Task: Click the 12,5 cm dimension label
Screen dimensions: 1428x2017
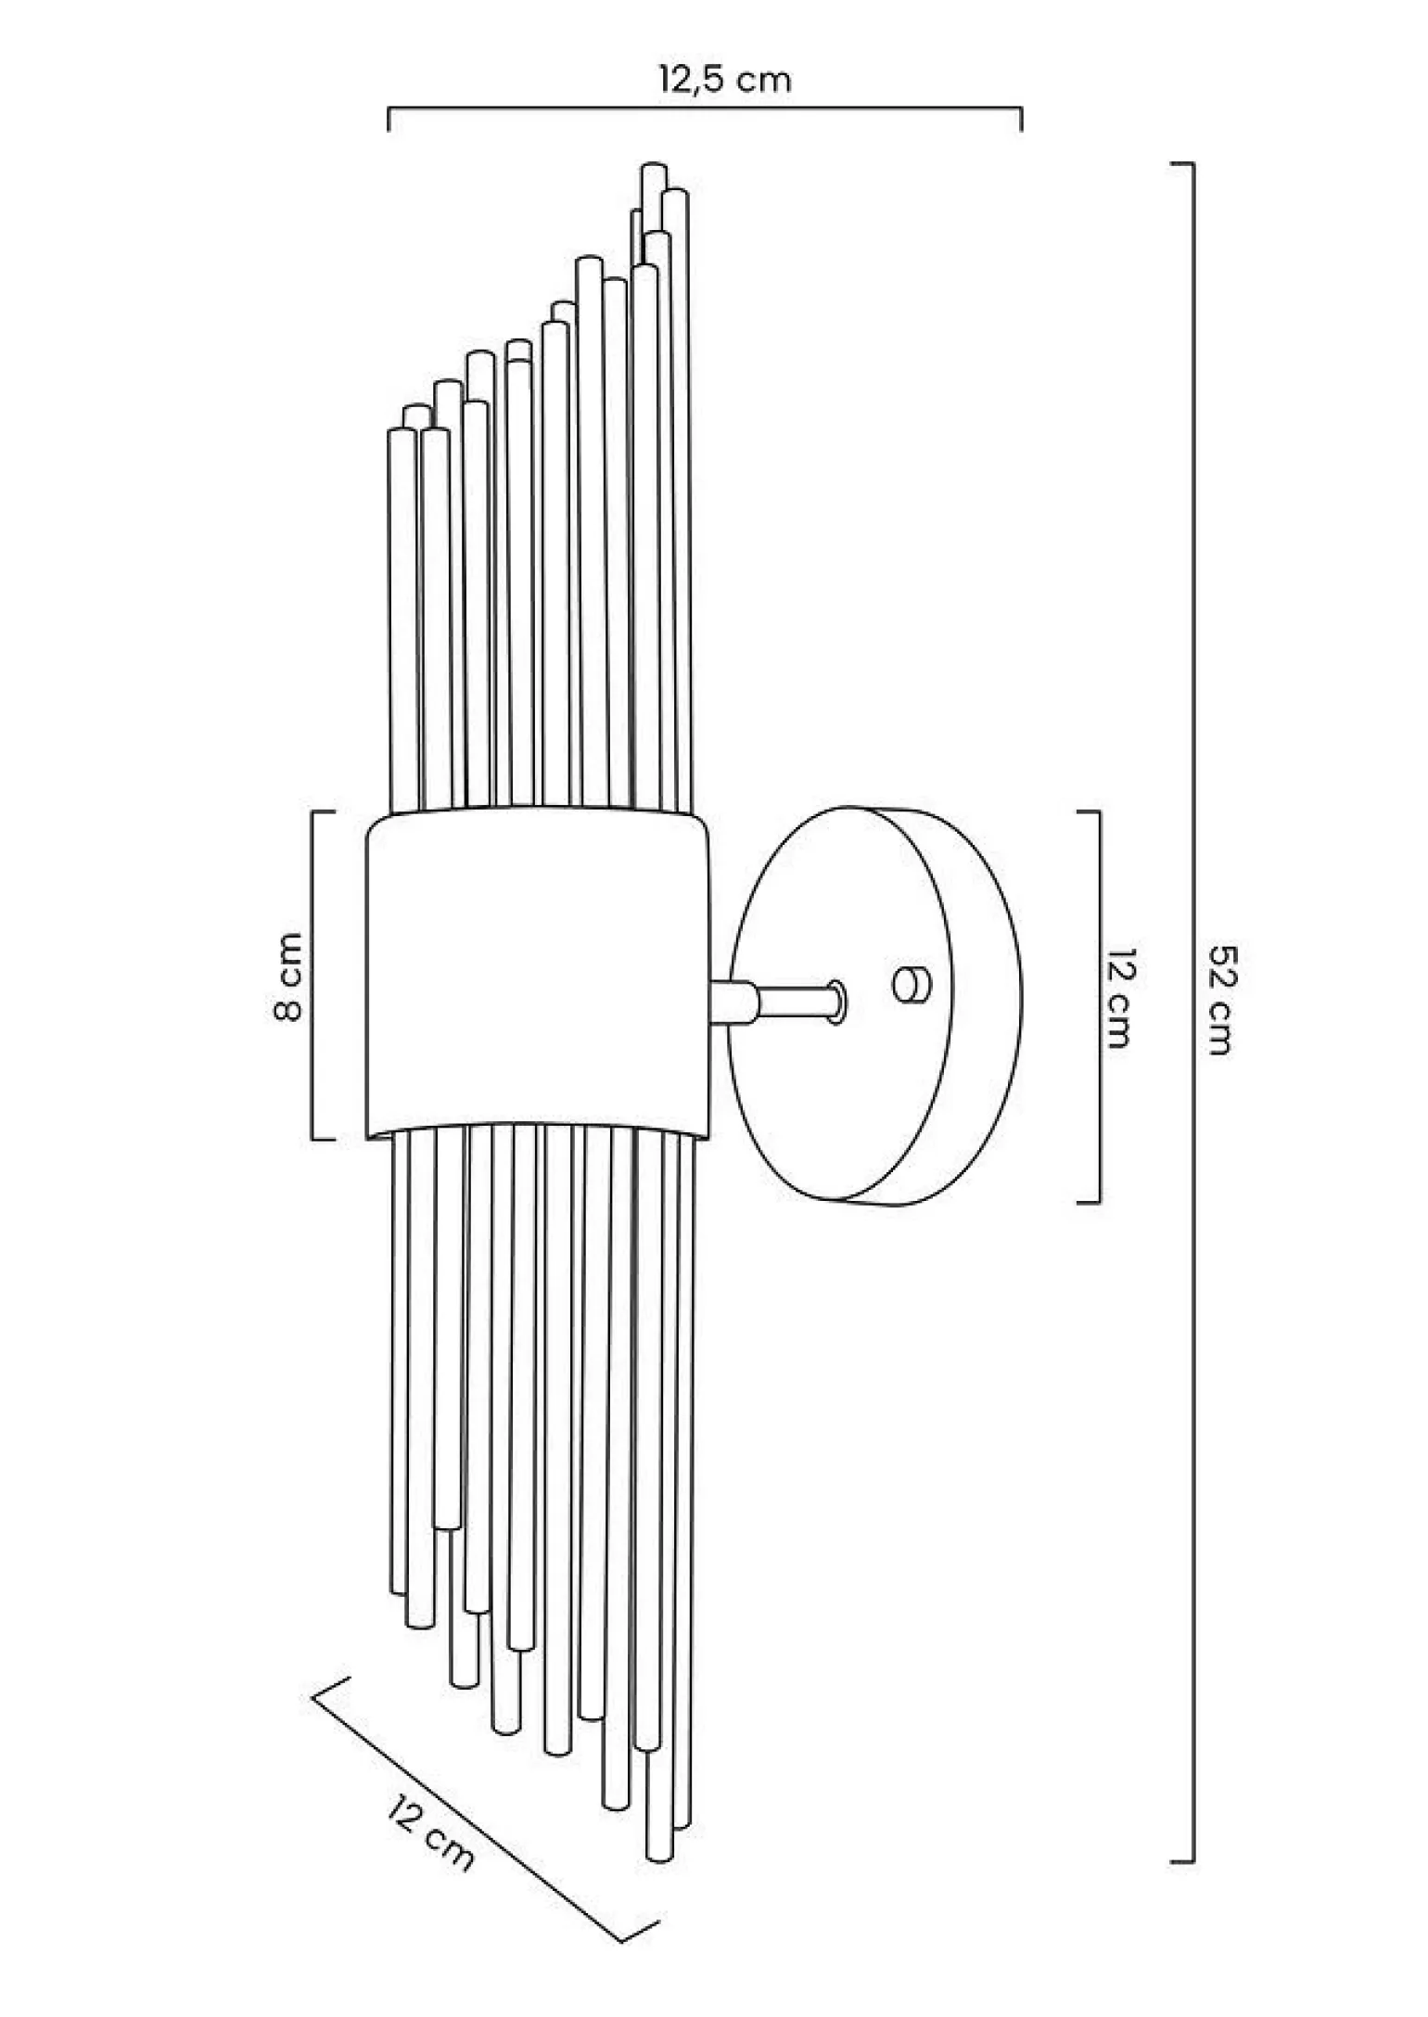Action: (725, 80)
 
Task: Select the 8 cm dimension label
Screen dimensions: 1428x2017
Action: (287, 977)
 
